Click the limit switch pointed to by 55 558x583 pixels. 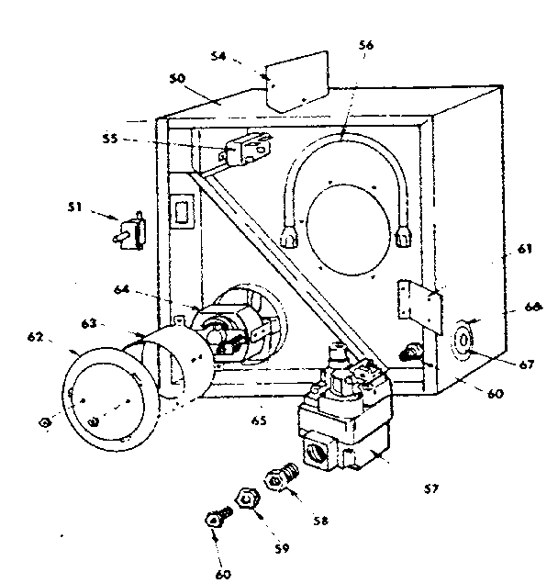[248, 146]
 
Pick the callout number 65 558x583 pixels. [260, 420]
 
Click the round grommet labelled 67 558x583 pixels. [466, 338]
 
